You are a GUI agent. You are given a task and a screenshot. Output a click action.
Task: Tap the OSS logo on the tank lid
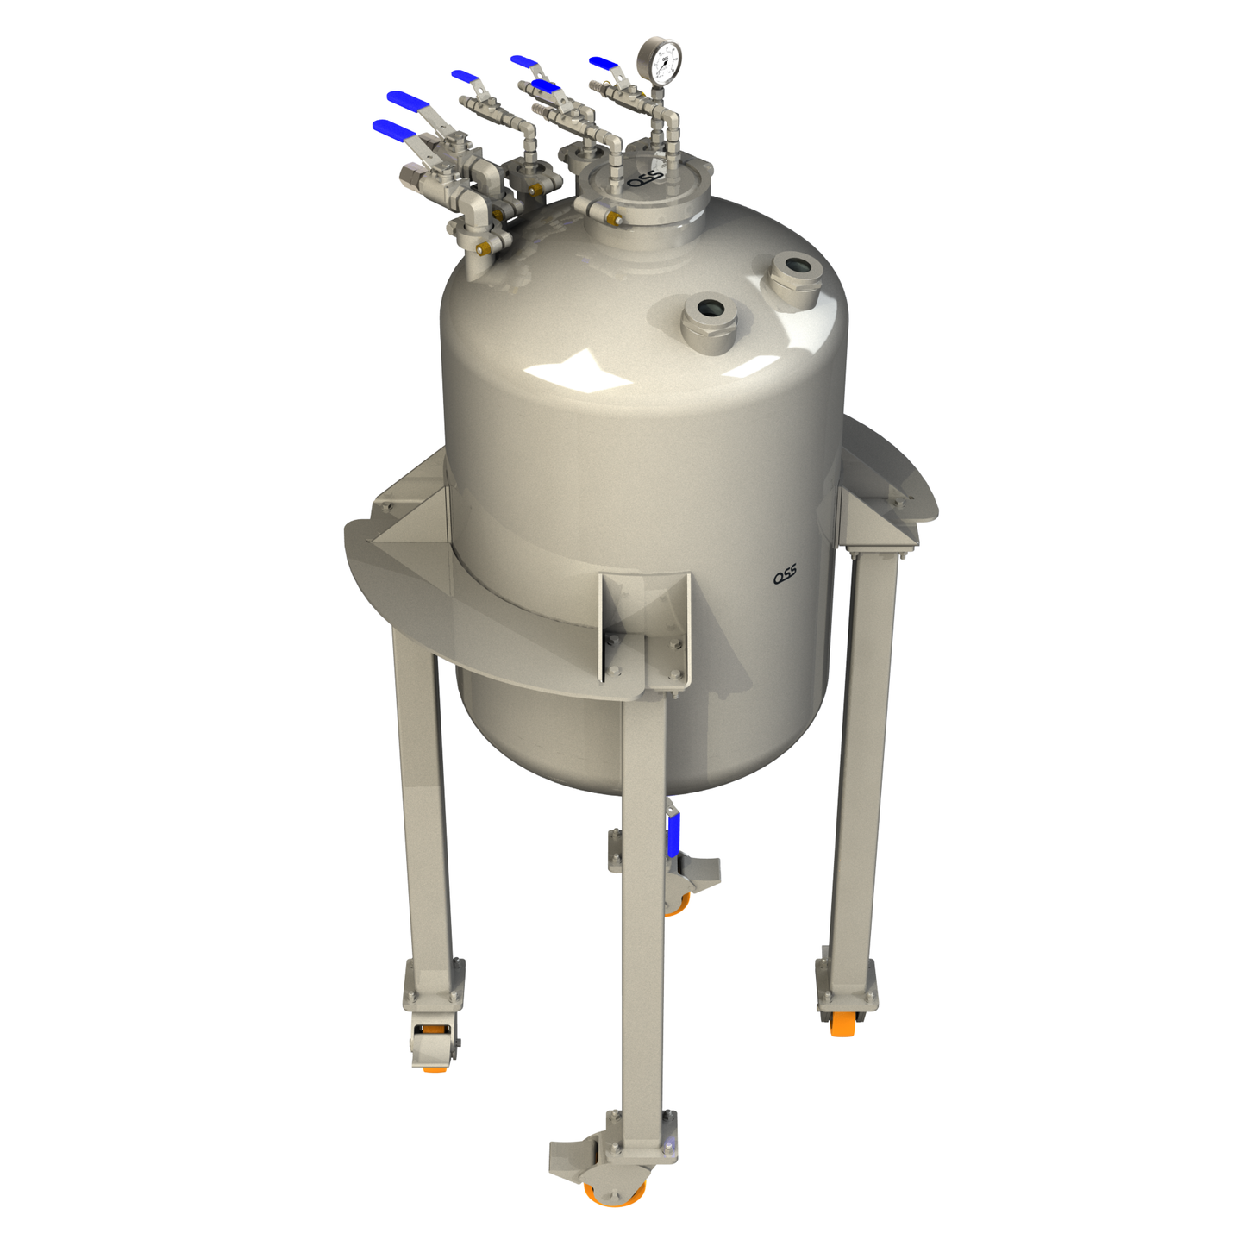point(645,179)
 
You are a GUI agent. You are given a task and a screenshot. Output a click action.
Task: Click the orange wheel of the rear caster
point(678,904)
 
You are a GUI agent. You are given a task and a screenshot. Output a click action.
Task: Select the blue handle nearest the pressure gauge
point(604,64)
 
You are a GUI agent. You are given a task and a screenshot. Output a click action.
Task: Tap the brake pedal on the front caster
point(570,1155)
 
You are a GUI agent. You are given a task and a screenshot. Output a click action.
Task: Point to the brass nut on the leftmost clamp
point(483,249)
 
